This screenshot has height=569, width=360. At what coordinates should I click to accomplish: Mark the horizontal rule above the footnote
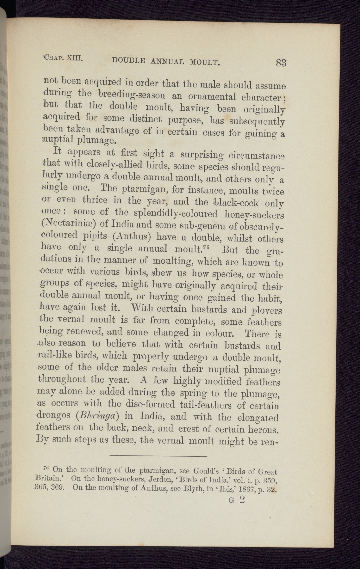(158, 456)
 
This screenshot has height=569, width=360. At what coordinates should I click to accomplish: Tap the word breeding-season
(131, 95)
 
